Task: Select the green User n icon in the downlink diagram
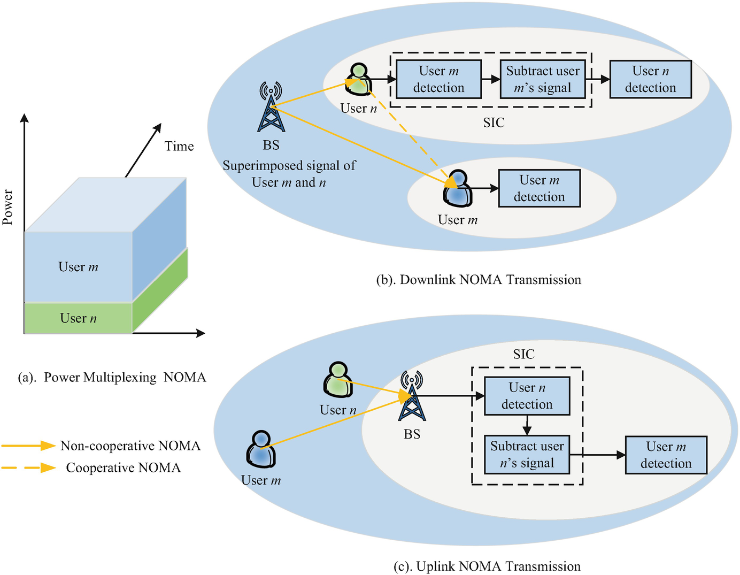click(x=358, y=79)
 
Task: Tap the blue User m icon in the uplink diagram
click(x=261, y=449)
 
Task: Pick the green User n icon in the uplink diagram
click(x=338, y=379)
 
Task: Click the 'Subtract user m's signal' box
click(x=543, y=79)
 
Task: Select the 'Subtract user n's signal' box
click(x=527, y=455)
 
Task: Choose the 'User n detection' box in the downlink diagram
click(x=650, y=79)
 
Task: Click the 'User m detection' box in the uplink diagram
click(x=666, y=455)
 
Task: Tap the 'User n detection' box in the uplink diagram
click(x=527, y=396)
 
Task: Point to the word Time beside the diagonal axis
click(x=179, y=146)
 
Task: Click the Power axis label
click(x=7, y=208)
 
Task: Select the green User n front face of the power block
click(x=78, y=318)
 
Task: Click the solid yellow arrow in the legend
click(x=29, y=446)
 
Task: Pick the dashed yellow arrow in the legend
click(x=29, y=467)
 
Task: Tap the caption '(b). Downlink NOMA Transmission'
click(x=479, y=280)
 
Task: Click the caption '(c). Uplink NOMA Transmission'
click(x=487, y=566)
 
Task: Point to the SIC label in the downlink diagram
click(x=494, y=122)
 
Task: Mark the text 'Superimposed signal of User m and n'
click(x=289, y=174)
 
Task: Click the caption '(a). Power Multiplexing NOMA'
click(x=112, y=378)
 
